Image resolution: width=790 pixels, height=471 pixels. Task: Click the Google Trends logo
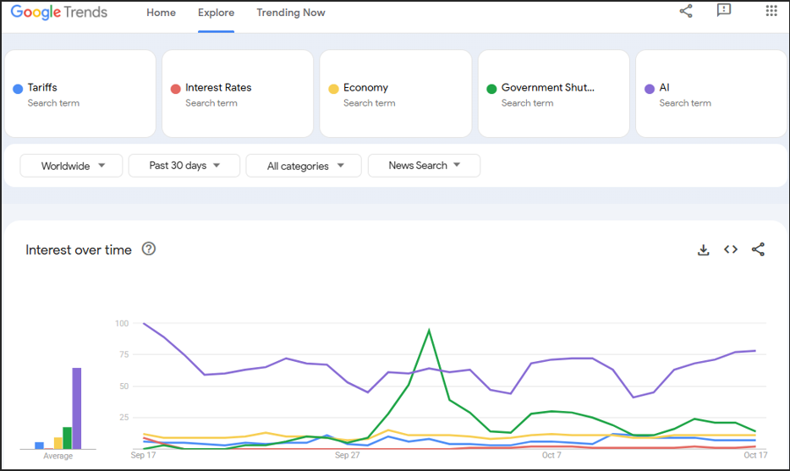59,12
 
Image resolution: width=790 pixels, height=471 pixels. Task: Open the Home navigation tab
162,13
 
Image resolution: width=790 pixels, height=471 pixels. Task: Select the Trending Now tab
291,13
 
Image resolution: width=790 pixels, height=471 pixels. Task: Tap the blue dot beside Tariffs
18,89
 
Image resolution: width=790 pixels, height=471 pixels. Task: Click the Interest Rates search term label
218,87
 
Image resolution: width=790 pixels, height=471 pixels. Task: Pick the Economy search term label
365,87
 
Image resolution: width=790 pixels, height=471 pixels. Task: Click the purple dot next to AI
650,89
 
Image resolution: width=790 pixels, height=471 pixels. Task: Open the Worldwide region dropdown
71,166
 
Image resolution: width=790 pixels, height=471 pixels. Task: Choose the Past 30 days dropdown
184,166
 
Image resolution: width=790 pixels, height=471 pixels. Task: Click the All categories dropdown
304,166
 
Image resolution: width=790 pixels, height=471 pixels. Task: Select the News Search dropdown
424,166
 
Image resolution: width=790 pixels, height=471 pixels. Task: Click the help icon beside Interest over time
149,249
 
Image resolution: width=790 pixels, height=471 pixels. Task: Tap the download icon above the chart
704,249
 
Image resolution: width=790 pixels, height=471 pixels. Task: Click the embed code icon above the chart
731,249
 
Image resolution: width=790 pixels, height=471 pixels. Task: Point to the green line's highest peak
429,330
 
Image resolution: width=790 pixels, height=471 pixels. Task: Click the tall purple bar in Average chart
77,408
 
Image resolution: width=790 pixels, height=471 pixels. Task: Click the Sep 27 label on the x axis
347,455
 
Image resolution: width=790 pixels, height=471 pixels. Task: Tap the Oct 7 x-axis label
551,455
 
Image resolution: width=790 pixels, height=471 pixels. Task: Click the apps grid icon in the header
771,11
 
